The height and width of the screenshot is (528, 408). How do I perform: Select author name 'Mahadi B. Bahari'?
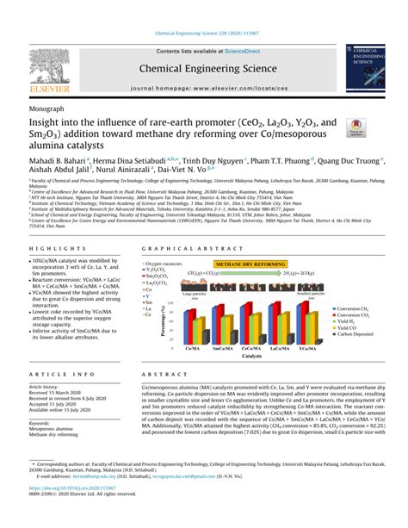tap(53, 159)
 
